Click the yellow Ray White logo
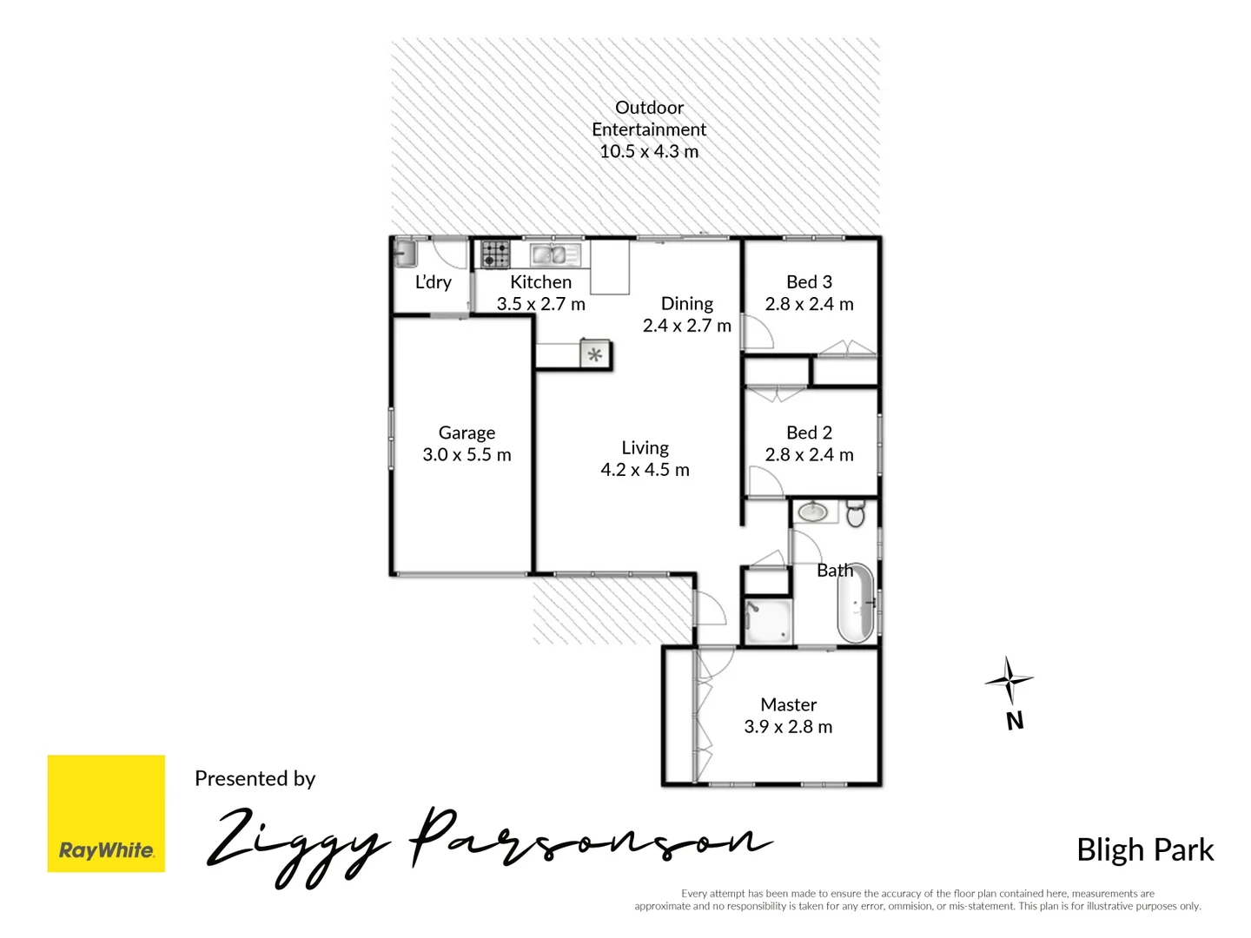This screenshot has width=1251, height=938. [106, 813]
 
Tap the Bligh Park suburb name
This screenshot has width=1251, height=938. [1144, 849]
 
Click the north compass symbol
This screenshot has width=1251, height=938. [1009, 680]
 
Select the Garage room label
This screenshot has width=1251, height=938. [467, 433]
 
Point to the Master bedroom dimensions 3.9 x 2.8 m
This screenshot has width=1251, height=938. [788, 727]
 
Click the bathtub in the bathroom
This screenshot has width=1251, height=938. [855, 604]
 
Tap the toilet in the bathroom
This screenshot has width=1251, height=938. [856, 513]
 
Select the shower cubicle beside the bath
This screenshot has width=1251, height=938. [768, 620]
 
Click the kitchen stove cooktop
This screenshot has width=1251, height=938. [496, 254]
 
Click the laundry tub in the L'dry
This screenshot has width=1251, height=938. [405, 254]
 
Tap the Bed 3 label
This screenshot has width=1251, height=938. [809, 282]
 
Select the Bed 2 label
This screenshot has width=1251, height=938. [809, 433]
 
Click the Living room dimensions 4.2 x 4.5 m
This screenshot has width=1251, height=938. [645, 470]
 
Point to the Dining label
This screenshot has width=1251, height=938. [686, 303]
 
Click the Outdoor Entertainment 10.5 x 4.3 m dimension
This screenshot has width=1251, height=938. [649, 151]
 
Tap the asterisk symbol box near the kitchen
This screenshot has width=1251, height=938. [595, 354]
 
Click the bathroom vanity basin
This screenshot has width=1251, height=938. [813, 512]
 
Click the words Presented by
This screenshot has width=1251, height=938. [255, 778]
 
